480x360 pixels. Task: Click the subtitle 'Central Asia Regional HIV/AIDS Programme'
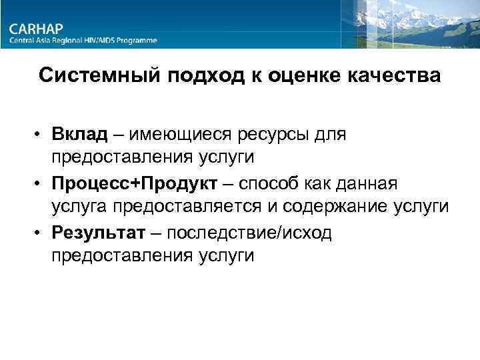click(83, 41)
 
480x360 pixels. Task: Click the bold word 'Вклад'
click(79, 135)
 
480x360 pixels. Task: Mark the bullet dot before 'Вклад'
click(41, 136)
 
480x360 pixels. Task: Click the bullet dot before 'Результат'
click(41, 233)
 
